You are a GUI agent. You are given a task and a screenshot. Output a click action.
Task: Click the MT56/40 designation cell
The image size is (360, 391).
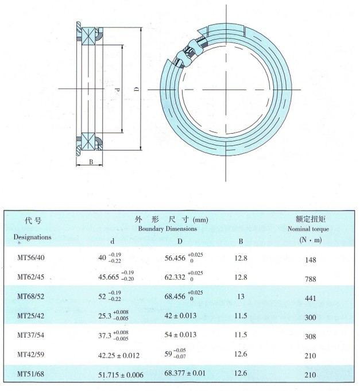pyautogui.click(x=31, y=258)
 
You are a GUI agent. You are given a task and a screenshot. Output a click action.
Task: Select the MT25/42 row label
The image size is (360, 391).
pyautogui.click(x=30, y=316)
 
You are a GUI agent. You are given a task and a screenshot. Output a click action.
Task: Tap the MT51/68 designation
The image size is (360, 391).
pyautogui.click(x=30, y=374)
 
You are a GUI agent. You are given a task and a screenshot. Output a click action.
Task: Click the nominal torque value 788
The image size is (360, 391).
pyautogui.click(x=311, y=279)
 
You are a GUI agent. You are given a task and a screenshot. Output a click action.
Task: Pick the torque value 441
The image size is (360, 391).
pyautogui.click(x=311, y=298)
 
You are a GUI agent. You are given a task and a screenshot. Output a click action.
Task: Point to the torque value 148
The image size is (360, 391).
pyautogui.click(x=311, y=260)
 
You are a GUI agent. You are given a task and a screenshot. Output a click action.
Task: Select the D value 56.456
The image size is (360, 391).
pyautogui.click(x=175, y=258)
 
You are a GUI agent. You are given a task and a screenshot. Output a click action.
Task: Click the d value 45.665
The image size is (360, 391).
pyautogui.click(x=109, y=277)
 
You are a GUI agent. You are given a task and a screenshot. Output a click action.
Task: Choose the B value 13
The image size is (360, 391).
pyautogui.click(x=241, y=296)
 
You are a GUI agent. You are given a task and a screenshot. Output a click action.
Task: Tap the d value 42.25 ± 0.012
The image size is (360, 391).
pyautogui.click(x=119, y=355)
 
